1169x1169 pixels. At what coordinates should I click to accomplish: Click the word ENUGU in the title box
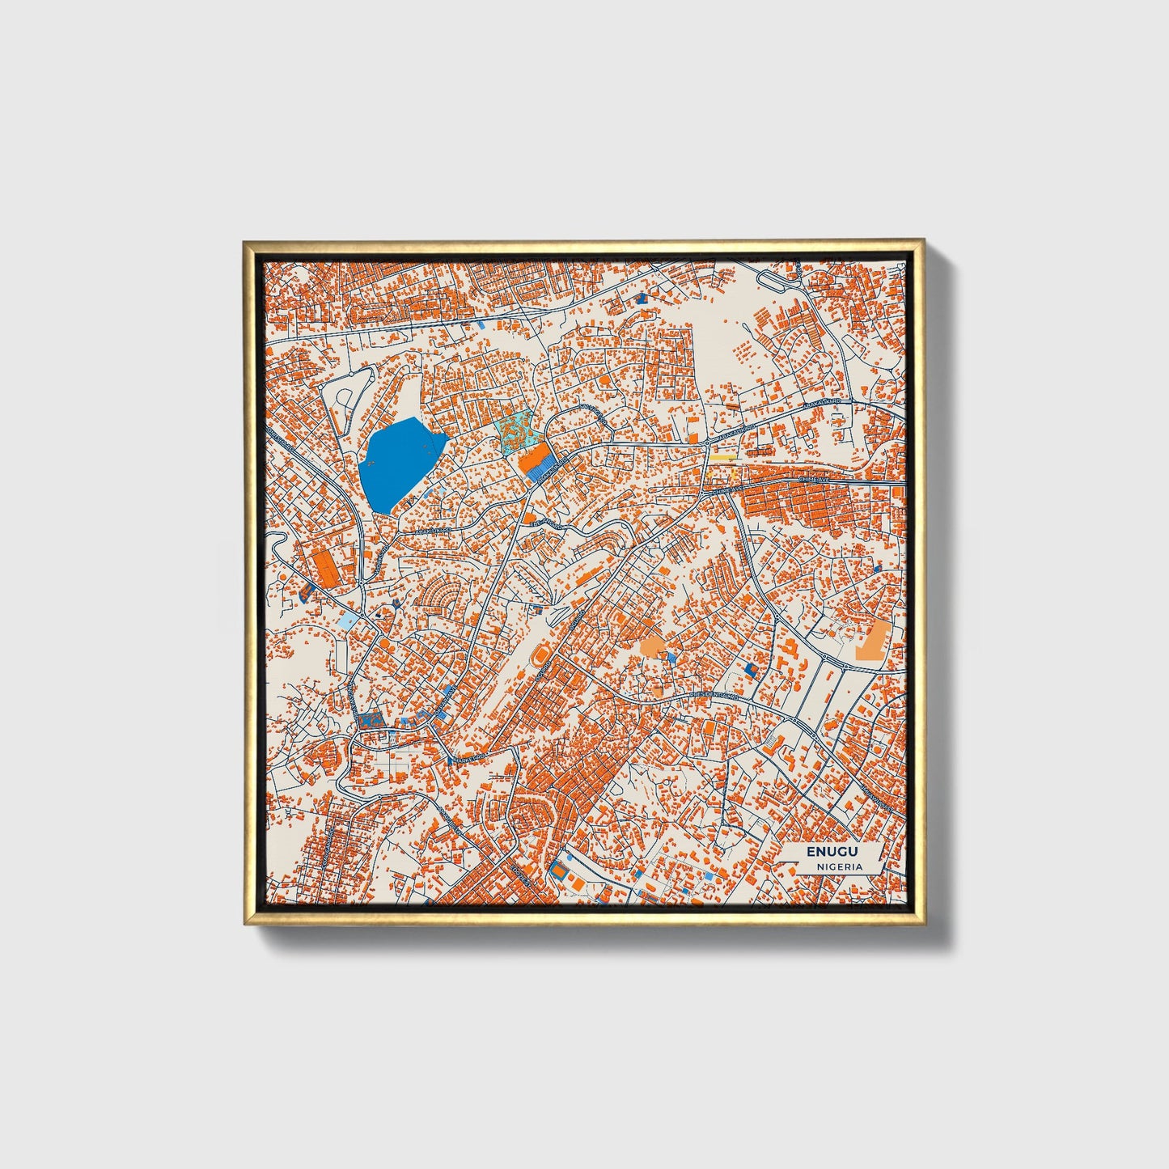831,852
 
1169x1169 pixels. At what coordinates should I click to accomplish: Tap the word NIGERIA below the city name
839,866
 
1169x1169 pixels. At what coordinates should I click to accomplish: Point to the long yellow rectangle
722,456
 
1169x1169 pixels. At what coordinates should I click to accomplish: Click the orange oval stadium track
539,656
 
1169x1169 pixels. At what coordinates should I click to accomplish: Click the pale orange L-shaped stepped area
871,642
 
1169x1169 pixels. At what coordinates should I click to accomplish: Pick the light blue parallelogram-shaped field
347,621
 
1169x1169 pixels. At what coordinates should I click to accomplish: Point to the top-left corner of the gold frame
245,242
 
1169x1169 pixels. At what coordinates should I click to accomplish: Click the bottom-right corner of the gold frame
923,923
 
